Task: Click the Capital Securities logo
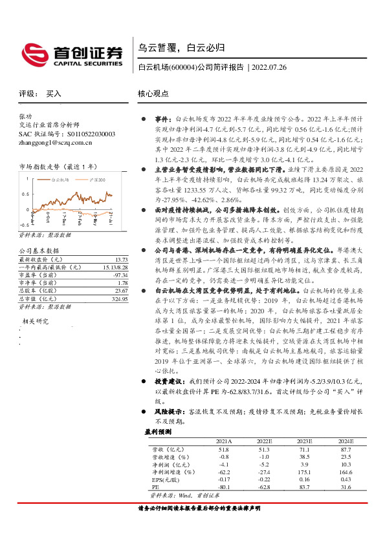point(71,55)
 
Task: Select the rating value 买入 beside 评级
point(54,94)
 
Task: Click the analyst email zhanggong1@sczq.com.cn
point(57,141)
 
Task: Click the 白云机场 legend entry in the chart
point(60,175)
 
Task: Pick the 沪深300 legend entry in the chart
point(98,175)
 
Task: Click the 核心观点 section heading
point(153,94)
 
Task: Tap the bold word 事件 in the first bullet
point(162,120)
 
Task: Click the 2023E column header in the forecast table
point(304,441)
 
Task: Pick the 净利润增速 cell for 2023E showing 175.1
point(304,472)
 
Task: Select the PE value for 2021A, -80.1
point(223,487)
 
